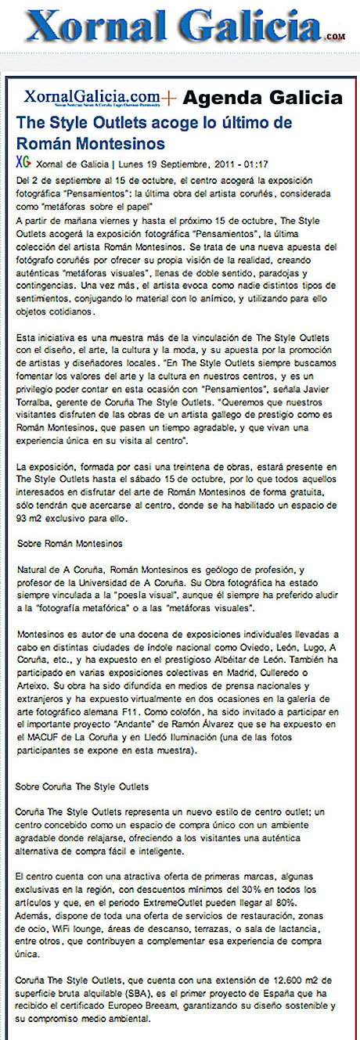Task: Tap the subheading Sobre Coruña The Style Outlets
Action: (82, 786)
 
